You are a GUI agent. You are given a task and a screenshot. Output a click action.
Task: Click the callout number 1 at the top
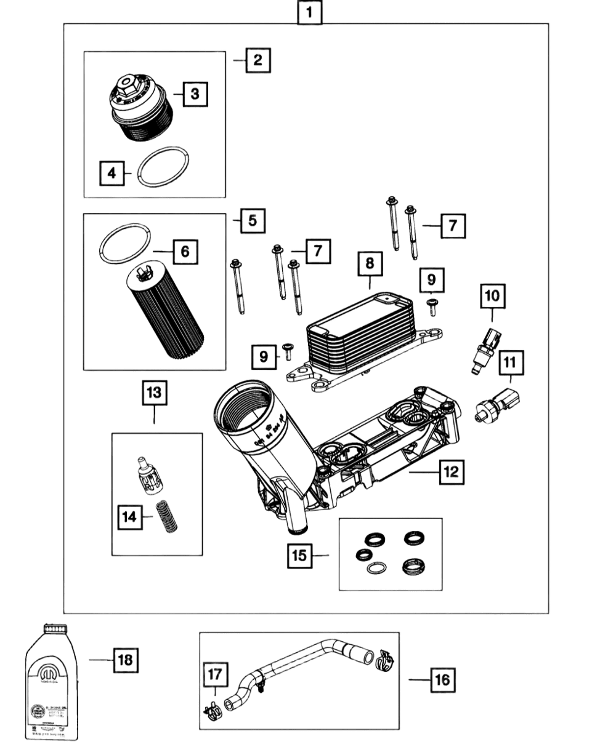310,11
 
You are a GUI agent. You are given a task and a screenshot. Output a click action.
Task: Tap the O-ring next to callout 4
162,166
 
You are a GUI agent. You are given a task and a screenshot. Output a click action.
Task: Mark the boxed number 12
452,472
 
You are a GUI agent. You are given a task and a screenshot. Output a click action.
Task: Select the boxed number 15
299,555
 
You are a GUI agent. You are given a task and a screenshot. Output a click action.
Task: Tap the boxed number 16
442,680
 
